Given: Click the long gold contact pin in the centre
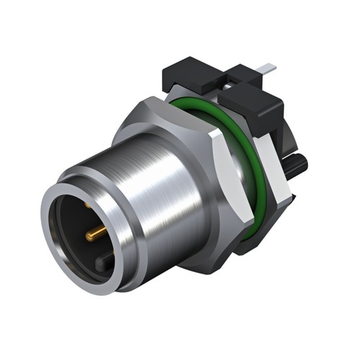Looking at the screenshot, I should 95,233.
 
